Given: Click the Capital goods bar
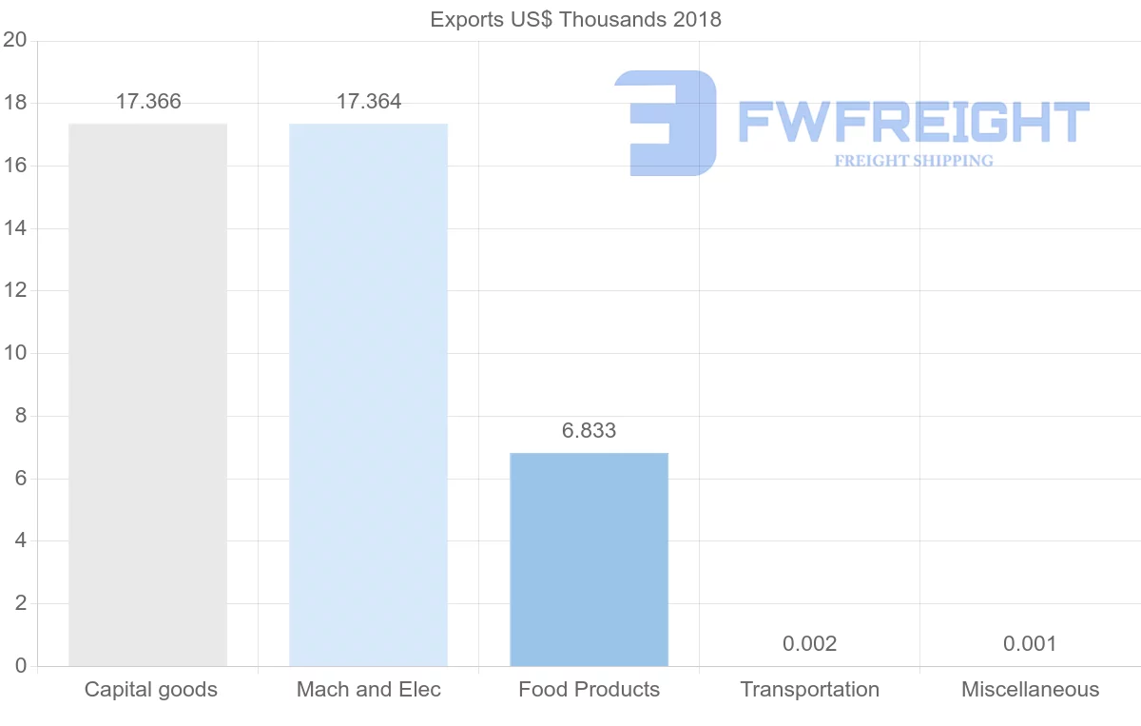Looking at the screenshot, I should [148, 395].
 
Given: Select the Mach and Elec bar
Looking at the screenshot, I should [368, 395].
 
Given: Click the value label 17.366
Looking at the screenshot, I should [148, 102].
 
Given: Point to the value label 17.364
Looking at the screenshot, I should [369, 102].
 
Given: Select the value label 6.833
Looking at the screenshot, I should [590, 431].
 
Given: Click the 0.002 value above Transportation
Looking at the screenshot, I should [810, 644].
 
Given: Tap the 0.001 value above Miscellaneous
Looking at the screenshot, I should [1030, 644].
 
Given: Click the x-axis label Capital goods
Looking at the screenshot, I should [151, 690].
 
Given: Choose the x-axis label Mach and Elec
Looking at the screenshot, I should [369, 690].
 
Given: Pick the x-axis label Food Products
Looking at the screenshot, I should [590, 690].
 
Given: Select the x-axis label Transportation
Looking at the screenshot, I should [810, 690].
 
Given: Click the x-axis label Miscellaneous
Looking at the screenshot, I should [1030, 690].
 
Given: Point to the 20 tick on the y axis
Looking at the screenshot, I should [14, 40].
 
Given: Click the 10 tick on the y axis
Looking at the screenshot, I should [14, 353].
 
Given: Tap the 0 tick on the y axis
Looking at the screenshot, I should [20, 666].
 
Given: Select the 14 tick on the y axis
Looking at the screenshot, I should [14, 228].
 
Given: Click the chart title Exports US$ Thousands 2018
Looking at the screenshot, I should [576, 19].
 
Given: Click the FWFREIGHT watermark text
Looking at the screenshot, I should [913, 122].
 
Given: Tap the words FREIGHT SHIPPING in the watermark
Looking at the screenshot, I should [914, 161].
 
